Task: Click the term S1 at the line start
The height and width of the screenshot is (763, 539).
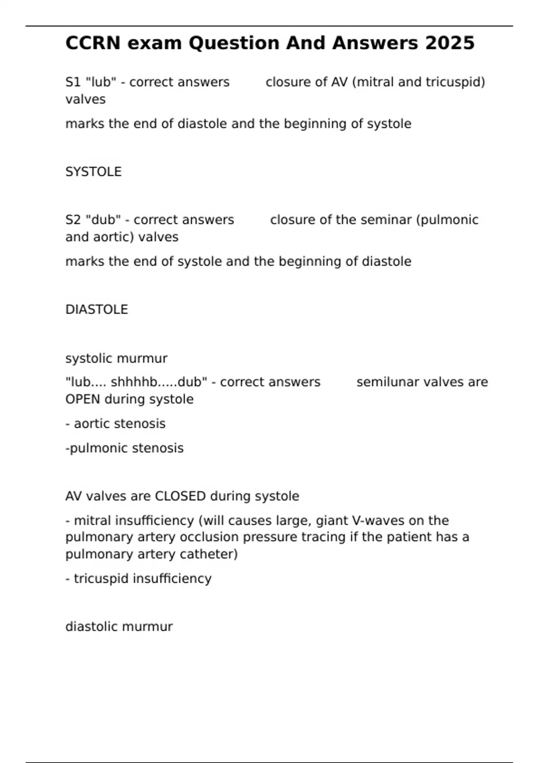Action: pos(73,82)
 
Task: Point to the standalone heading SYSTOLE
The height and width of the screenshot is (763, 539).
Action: pos(93,172)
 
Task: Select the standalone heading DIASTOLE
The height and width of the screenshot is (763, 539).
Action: pos(97,310)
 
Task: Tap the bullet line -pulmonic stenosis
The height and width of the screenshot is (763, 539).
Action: pos(124,448)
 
